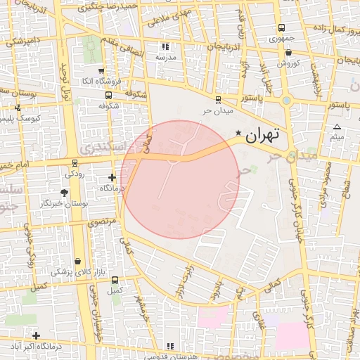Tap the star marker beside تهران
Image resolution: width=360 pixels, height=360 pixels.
(238, 134)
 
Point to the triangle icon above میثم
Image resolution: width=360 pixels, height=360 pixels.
(337, 127)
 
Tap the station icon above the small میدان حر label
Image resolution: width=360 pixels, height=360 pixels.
(217, 100)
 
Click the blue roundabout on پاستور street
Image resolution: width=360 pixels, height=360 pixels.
(285, 100)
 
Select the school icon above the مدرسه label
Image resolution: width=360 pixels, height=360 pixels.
(165, 46)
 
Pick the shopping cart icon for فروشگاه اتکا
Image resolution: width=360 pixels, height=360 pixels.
(102, 71)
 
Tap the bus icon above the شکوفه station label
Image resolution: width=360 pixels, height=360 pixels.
(108, 95)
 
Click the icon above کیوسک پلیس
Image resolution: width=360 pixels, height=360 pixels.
(18, 109)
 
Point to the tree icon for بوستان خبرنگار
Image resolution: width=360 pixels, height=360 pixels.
(65, 192)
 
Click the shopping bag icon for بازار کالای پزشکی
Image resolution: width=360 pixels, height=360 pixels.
(77, 260)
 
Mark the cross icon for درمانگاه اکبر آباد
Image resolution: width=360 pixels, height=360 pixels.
(36, 335)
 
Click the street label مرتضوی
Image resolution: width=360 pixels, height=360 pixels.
(104, 221)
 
